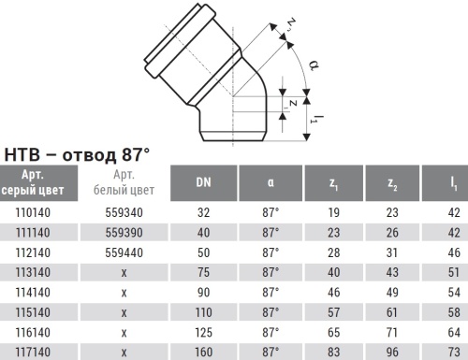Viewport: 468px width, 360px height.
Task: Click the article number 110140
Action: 36,212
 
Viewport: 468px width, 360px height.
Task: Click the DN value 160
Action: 203,353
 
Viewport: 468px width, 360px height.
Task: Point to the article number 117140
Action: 36,353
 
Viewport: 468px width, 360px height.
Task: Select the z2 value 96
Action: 394,353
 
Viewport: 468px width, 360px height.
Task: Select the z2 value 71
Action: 394,332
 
